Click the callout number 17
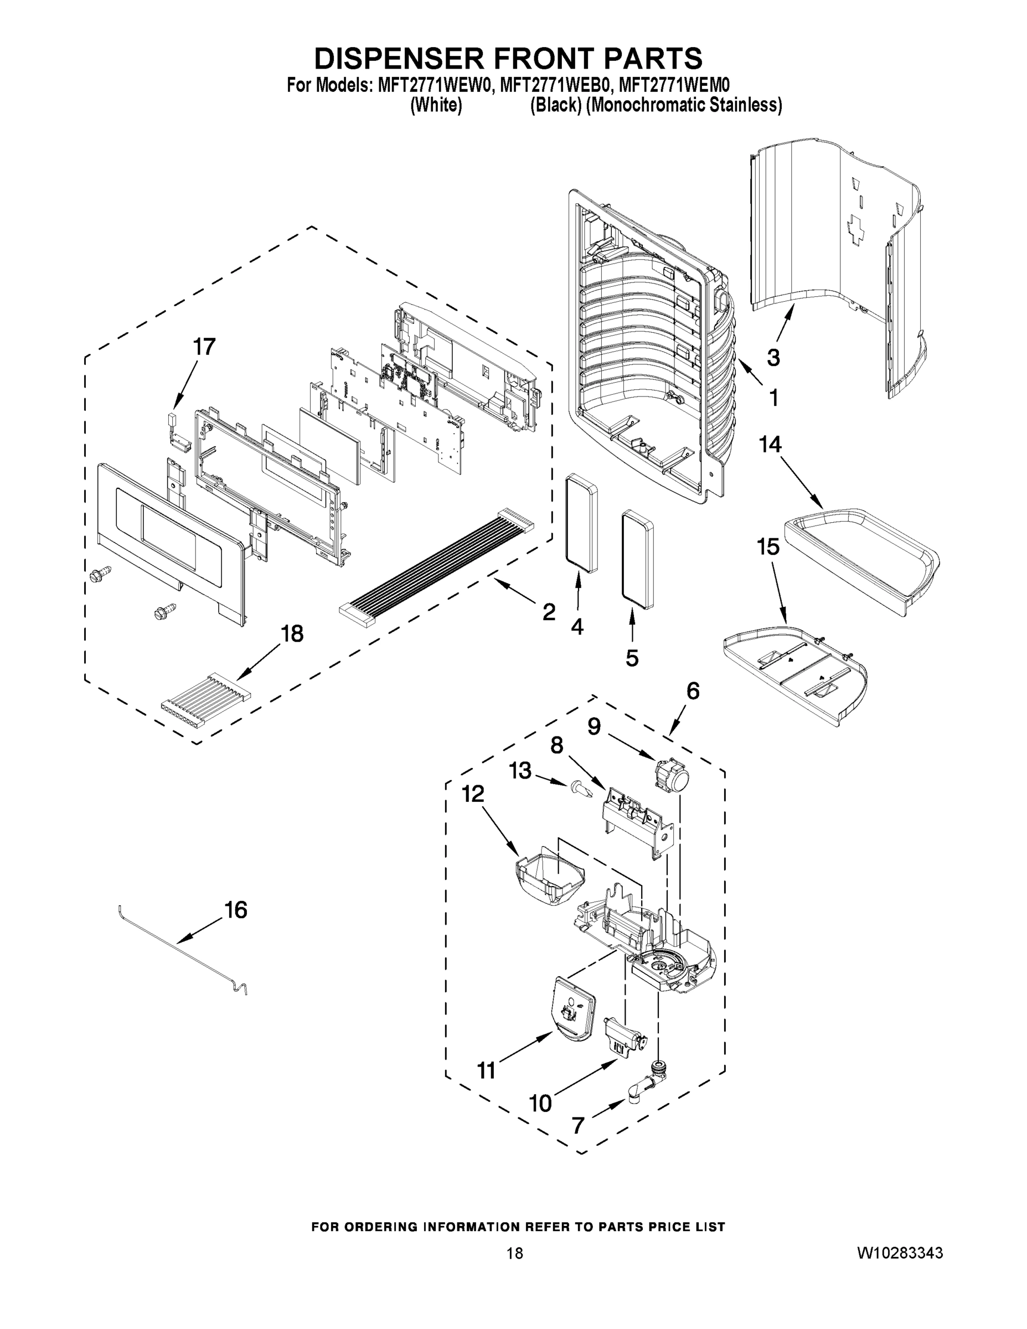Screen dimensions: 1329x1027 coord(204,347)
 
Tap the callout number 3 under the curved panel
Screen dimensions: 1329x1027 coord(773,358)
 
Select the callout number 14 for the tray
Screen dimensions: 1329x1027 coord(770,445)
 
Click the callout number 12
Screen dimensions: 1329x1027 coord(473,794)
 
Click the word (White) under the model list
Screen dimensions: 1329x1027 coord(436,105)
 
